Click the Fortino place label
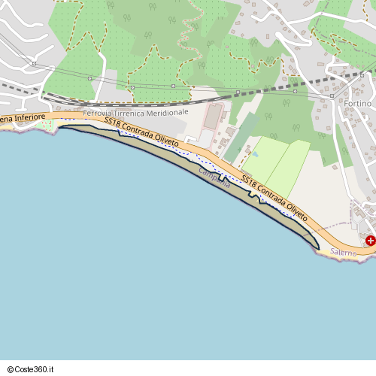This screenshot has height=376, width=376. pos(358,103)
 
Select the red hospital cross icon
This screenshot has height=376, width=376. pos(370,241)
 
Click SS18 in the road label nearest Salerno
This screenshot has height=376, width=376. pos(249,182)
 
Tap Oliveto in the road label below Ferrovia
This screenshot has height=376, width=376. pos(166,141)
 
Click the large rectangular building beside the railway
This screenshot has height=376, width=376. pos(214,117)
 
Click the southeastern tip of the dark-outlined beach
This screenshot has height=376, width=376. pos(317,247)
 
